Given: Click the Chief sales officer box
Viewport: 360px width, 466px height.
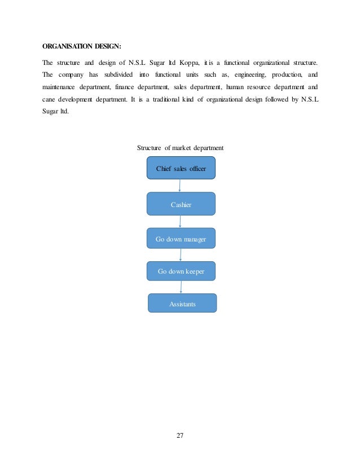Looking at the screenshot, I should point(181,168).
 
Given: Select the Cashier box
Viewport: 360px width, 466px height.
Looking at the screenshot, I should point(181,204).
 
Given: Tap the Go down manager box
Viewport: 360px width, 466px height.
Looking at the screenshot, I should point(181,239).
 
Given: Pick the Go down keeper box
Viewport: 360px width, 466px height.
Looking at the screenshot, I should point(181,271).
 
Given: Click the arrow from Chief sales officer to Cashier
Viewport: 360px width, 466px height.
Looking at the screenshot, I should point(179,186).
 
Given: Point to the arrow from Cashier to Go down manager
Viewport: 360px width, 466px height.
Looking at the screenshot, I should point(180,222).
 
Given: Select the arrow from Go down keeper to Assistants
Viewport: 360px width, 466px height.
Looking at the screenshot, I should point(181,287).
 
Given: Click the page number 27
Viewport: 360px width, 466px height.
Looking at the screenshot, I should point(180,436).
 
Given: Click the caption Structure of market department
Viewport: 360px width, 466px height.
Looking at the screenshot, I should point(181,148).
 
